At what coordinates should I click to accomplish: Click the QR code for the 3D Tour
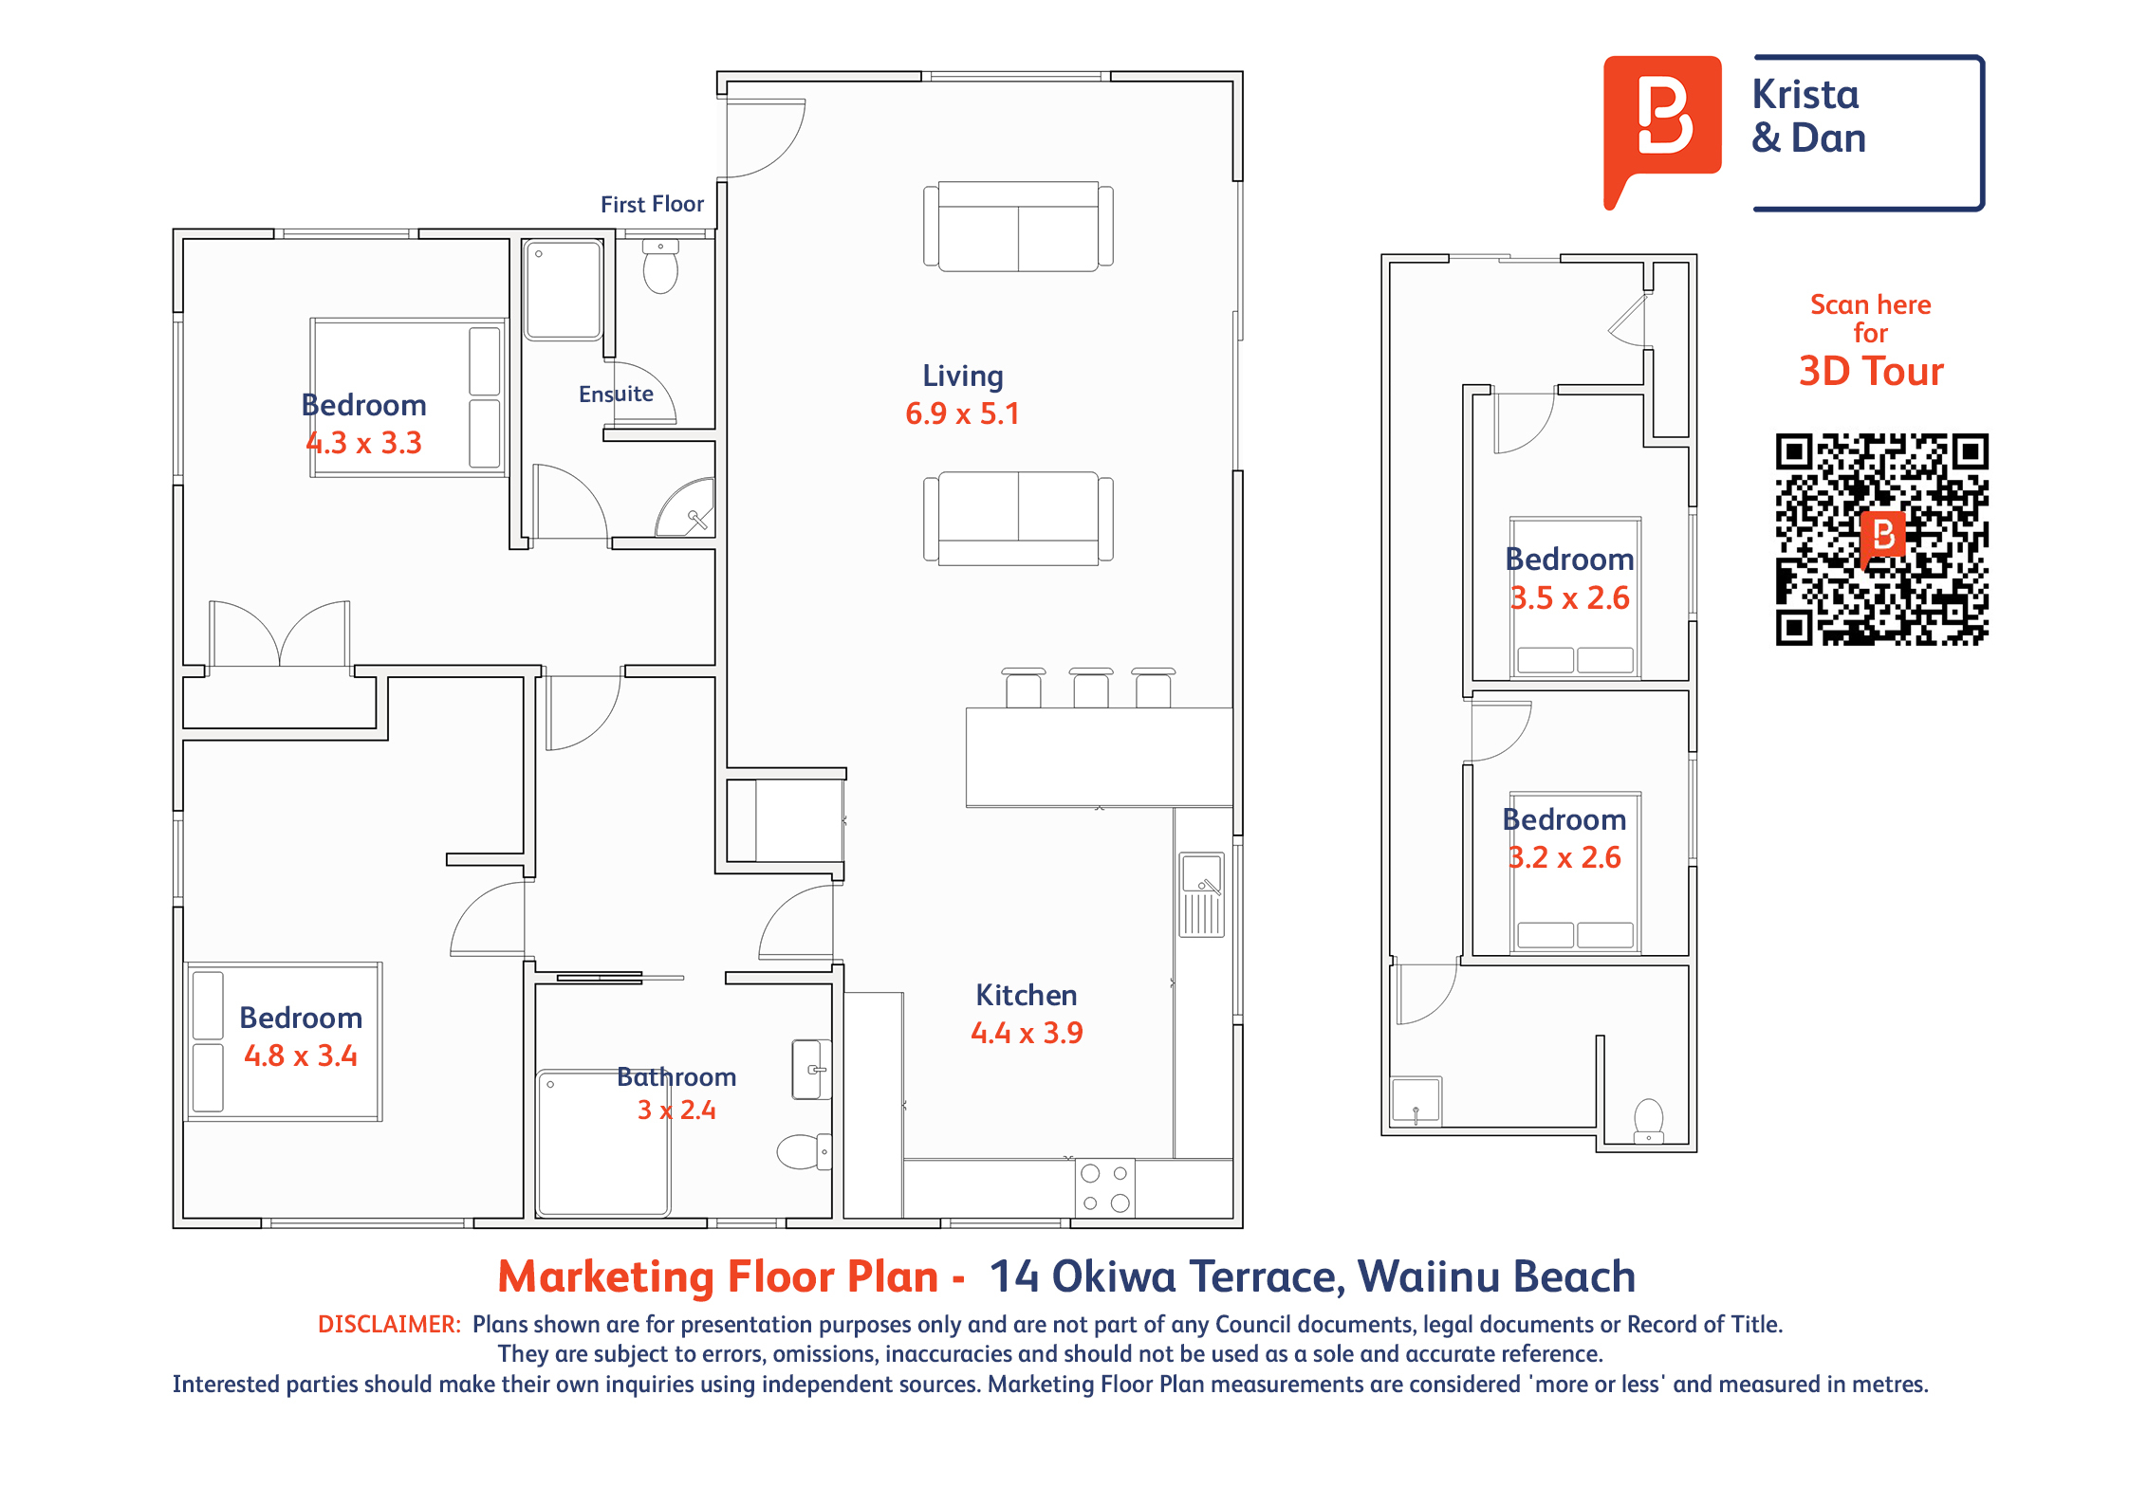point(1881,540)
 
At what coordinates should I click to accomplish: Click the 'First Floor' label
point(652,204)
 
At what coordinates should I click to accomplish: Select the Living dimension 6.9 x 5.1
point(962,413)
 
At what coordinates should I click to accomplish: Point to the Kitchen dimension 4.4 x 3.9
point(1027,1033)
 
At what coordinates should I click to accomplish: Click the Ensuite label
point(616,394)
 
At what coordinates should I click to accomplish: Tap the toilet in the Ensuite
point(660,266)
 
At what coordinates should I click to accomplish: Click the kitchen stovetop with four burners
point(1105,1187)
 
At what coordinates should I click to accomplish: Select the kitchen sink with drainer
point(1201,894)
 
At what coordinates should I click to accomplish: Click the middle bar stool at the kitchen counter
point(1091,688)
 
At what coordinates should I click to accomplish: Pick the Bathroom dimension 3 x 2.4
point(676,1110)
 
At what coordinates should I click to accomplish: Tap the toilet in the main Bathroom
point(804,1151)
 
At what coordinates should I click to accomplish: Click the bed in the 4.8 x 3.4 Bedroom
point(285,1041)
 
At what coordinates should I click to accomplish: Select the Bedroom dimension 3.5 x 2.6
point(1569,598)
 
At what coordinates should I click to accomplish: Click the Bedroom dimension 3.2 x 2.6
point(1564,857)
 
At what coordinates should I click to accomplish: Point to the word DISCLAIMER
point(389,1324)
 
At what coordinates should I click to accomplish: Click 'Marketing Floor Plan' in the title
point(718,1276)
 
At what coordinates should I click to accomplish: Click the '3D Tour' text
point(1871,371)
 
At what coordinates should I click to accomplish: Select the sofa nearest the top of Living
point(1018,227)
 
